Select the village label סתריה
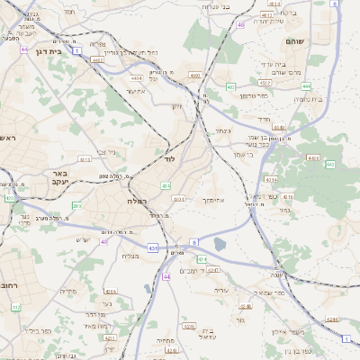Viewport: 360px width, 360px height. coord(68,291)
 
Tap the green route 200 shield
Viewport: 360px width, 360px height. coord(76,206)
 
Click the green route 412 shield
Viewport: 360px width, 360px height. coord(15,307)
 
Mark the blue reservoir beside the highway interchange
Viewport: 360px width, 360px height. coord(220,243)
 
